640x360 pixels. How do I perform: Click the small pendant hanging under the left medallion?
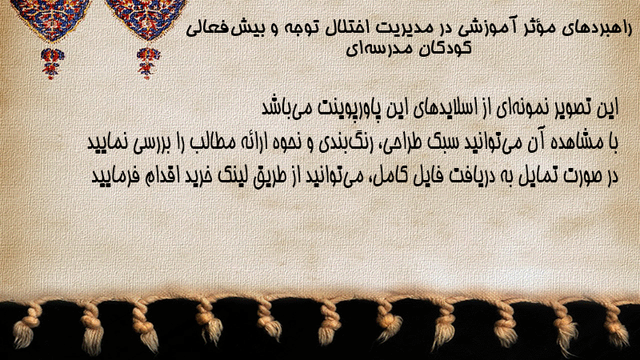[52, 63]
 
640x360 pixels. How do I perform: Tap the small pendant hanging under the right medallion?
[148, 63]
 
